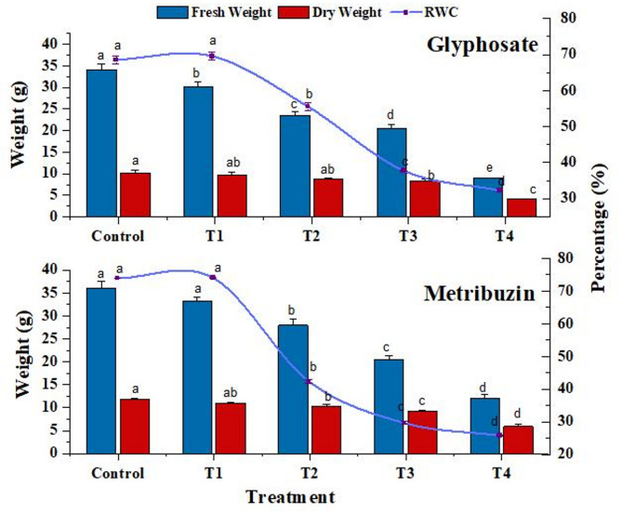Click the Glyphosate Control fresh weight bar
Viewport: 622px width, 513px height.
click(x=101, y=143)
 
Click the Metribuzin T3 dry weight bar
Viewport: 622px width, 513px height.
click(x=422, y=431)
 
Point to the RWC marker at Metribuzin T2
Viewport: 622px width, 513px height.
click(x=309, y=381)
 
